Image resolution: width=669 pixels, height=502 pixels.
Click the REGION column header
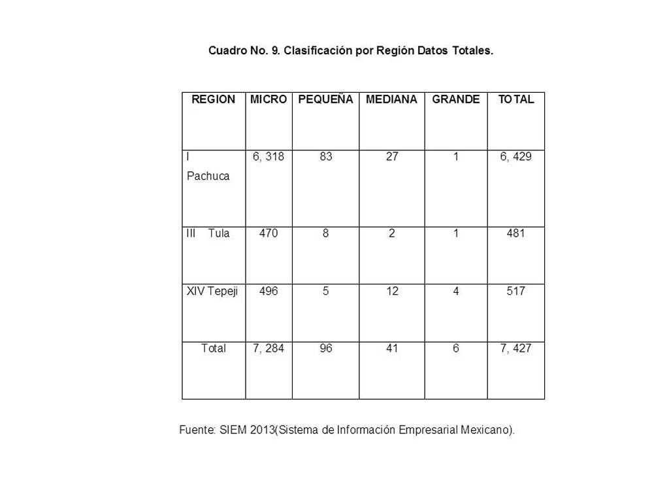[213, 99]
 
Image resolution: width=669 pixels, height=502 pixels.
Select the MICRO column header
[269, 99]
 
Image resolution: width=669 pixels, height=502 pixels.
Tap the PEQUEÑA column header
[325, 99]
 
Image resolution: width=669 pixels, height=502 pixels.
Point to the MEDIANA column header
[391, 99]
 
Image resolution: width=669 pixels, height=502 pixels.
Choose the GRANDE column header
[456, 99]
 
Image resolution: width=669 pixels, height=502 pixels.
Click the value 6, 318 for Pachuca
[269, 157]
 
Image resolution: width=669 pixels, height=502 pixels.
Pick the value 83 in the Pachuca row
[326, 157]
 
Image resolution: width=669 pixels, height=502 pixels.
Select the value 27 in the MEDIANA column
[391, 157]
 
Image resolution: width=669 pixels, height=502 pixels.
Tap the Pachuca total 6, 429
[516, 157]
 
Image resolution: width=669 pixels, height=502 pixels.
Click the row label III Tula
[208, 233]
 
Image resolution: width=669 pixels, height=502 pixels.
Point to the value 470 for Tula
[269, 233]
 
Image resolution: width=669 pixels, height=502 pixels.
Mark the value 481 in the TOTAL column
[516, 233]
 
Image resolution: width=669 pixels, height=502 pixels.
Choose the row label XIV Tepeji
[212, 291]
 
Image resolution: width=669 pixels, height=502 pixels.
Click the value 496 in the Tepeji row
[269, 291]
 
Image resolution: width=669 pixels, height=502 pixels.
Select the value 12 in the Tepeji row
[391, 291]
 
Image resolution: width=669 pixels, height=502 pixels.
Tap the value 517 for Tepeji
[516, 291]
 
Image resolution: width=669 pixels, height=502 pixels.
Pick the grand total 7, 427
[516, 348]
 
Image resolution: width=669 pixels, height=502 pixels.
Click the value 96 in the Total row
[326, 348]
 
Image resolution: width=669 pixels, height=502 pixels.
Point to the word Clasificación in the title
[318, 50]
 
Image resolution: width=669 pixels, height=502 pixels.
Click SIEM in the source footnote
[233, 430]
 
